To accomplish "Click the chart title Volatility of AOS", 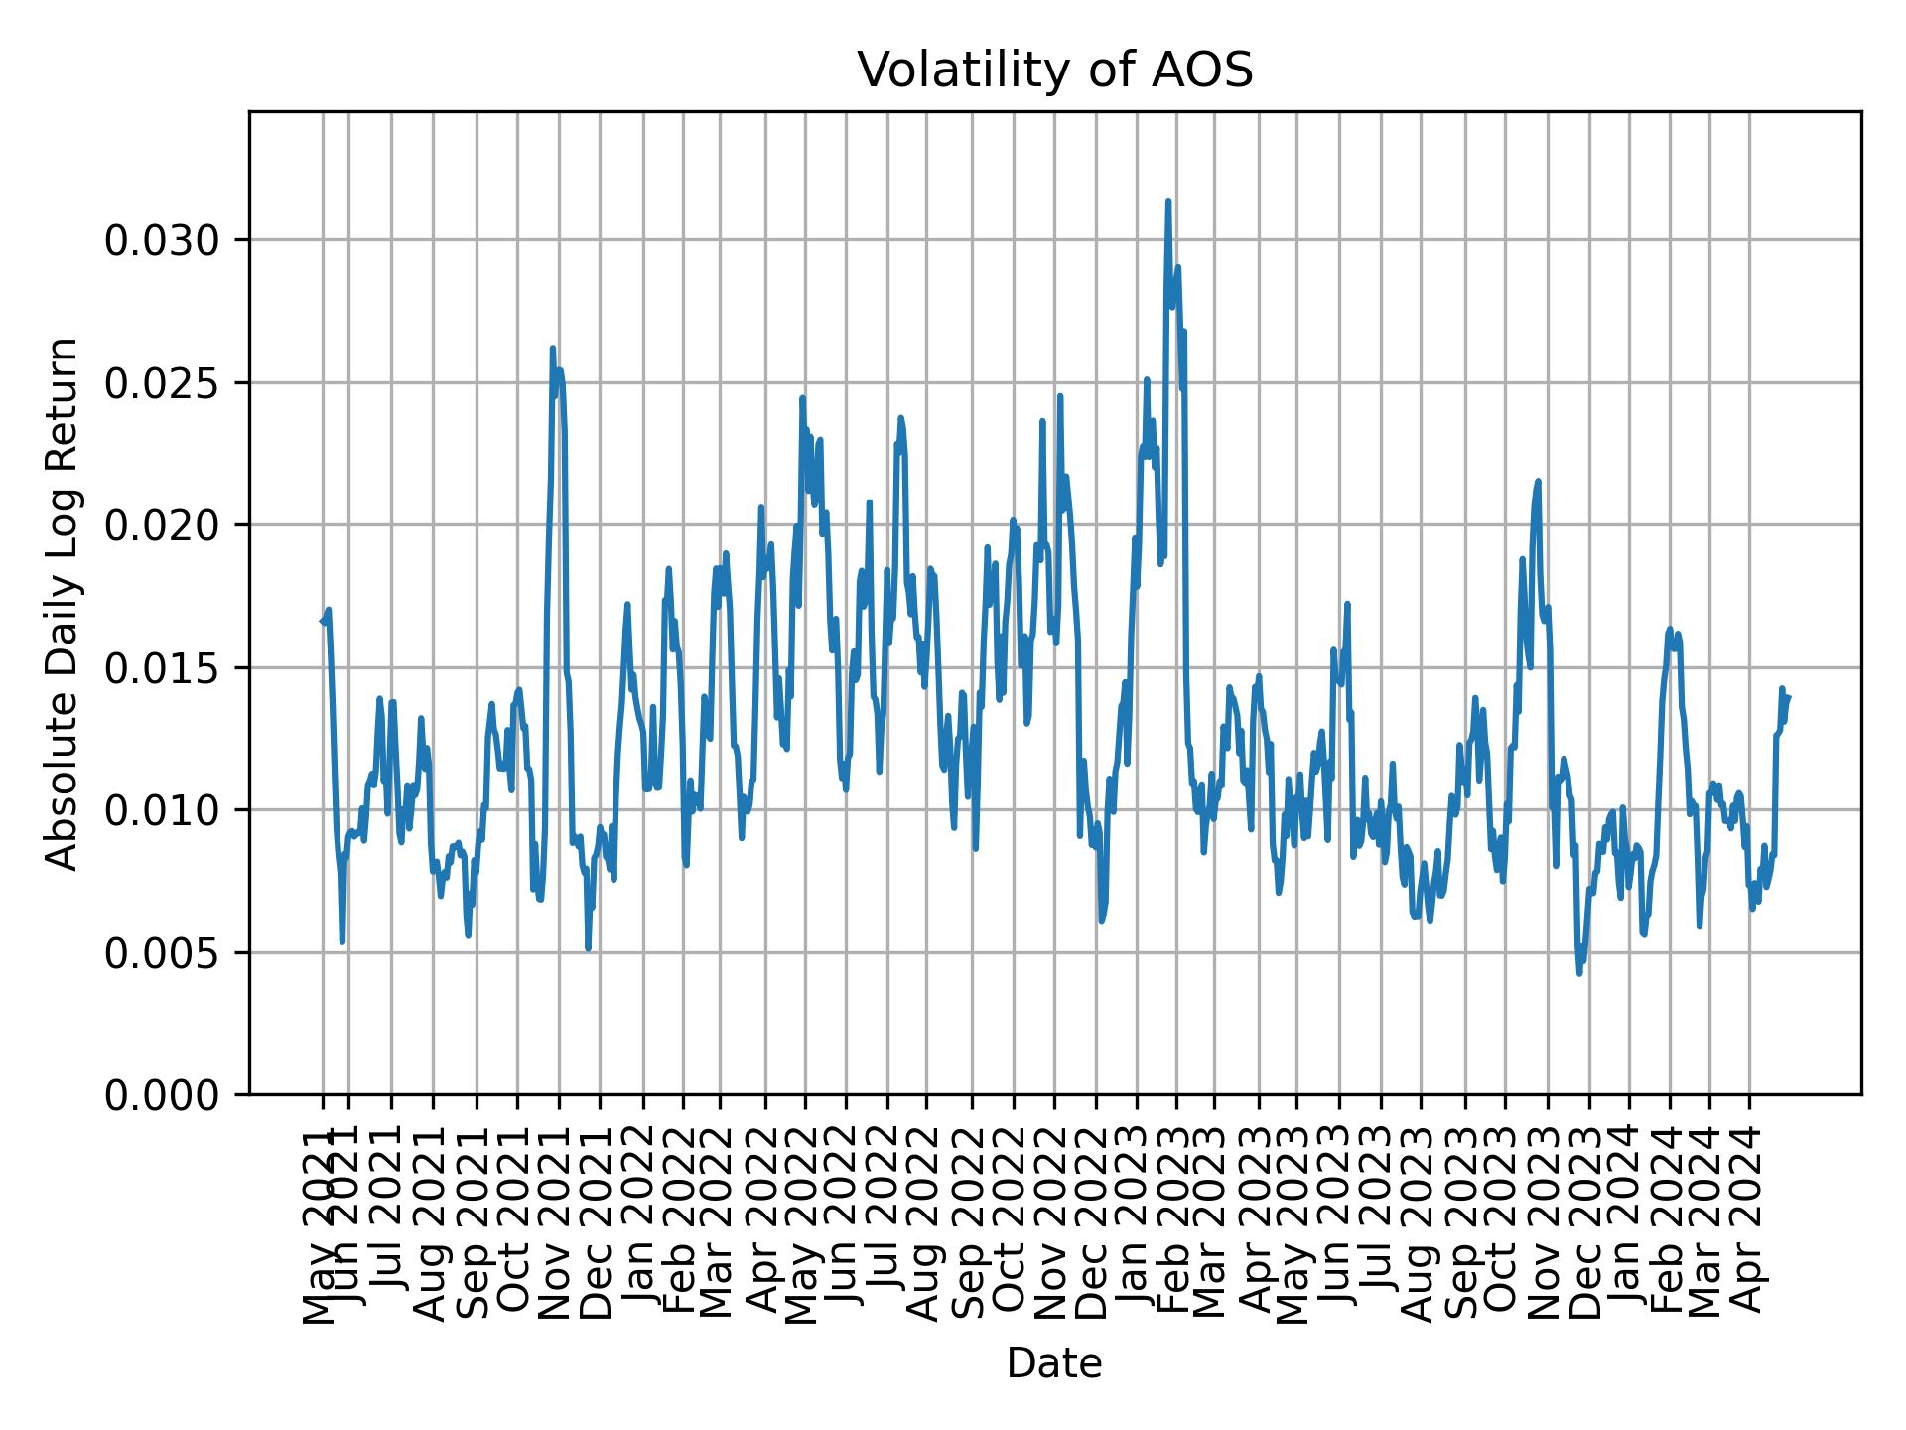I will point(1054,71).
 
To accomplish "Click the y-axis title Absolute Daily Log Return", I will point(64,603).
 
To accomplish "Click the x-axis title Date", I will point(1054,1363).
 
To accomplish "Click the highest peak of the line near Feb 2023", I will point(1168,201).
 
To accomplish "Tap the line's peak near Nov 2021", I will point(553,348).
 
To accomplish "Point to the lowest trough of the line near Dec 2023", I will point(1579,973).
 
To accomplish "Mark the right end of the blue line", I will point(1788,697).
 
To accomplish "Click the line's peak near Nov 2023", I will point(1538,481).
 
